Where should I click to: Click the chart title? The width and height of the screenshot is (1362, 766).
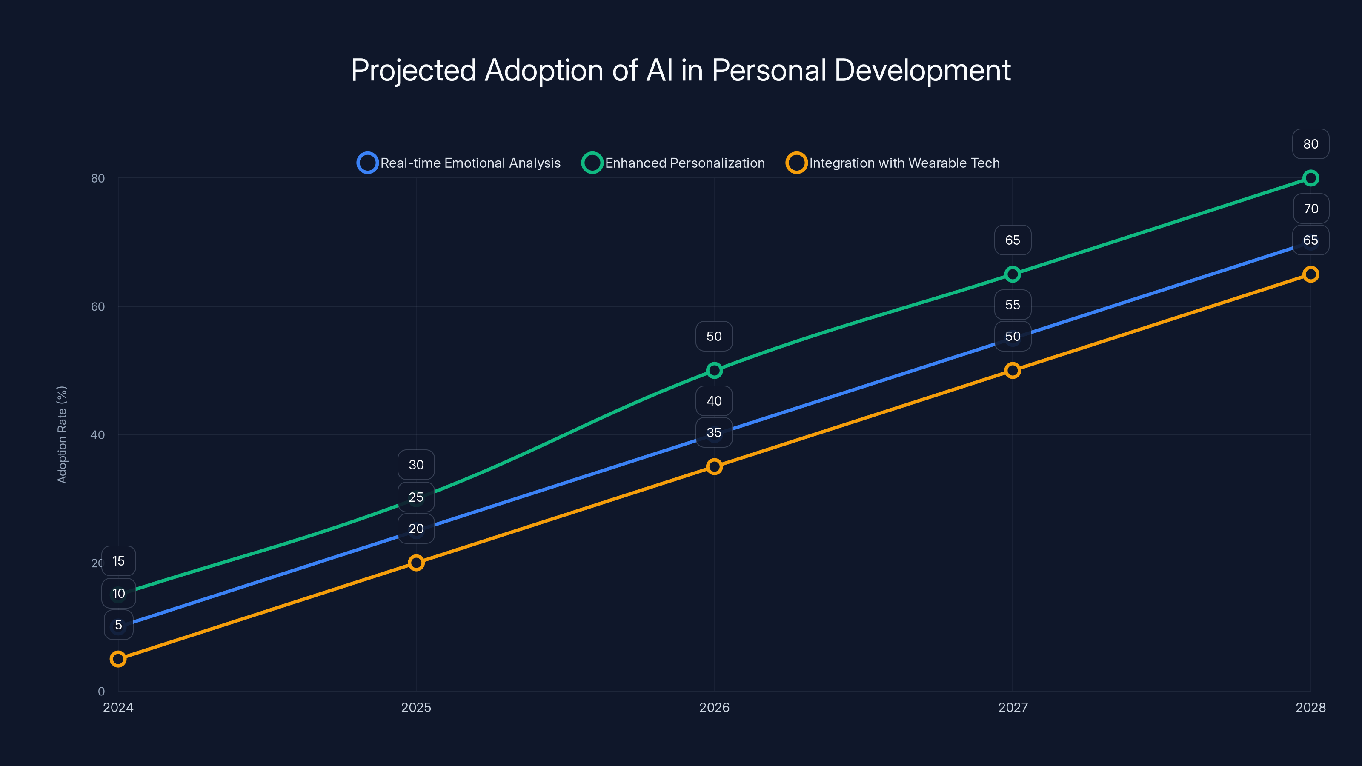681,70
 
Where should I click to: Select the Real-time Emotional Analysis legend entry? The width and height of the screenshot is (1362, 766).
459,163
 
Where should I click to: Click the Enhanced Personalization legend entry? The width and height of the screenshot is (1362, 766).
674,163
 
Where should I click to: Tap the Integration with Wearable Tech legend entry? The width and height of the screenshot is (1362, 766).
893,163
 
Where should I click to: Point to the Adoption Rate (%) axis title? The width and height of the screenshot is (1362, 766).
62,434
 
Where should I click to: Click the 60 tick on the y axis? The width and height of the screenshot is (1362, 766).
98,306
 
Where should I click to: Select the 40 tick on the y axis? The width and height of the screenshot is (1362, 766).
98,435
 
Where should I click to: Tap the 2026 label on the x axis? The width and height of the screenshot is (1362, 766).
714,707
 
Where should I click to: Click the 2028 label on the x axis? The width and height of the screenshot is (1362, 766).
1310,707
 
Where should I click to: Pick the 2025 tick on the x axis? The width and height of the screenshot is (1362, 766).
416,707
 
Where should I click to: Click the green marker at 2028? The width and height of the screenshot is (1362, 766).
1310,178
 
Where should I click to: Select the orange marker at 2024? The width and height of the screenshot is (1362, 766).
118,659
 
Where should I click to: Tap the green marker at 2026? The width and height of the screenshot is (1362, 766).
714,370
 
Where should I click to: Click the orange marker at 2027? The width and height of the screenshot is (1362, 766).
1012,370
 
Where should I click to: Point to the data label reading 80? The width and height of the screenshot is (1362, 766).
1310,144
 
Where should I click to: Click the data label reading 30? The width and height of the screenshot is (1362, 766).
416,465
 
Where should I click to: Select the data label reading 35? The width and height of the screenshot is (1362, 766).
714,432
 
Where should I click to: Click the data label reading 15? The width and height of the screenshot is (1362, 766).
118,561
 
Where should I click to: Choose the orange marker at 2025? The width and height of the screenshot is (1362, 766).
416,563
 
